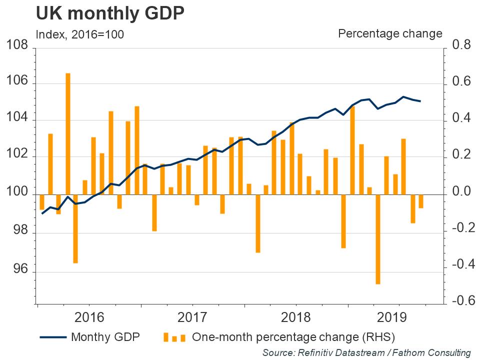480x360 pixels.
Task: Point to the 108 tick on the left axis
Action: tap(17, 46)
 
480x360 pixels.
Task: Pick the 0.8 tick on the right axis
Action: tap(461, 46)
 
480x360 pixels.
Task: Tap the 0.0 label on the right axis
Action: tap(461, 192)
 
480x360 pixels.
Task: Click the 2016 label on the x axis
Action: tap(88, 317)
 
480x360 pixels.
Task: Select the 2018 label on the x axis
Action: tap(295, 317)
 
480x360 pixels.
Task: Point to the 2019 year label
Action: tap(399, 317)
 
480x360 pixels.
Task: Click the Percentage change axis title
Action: tap(390, 33)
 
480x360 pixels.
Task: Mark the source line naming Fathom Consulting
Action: tap(366, 352)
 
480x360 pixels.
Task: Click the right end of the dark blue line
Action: tap(420, 101)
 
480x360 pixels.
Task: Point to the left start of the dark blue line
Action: tap(42, 213)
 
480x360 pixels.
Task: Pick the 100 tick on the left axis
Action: tap(17, 194)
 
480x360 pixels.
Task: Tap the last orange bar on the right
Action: tap(421, 201)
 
